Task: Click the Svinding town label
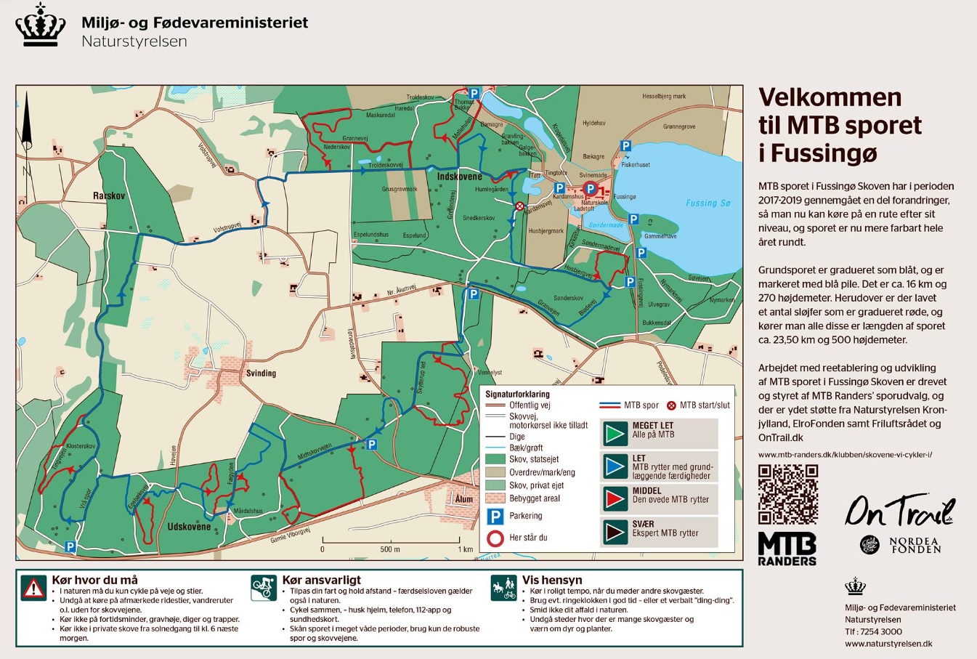[x=261, y=373]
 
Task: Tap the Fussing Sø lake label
[x=708, y=203]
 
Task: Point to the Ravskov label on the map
[x=109, y=196]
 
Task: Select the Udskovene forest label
[x=189, y=526]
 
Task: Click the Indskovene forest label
[x=459, y=177]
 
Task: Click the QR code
[x=787, y=495]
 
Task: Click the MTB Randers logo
[x=787, y=549]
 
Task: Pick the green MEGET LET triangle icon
[x=615, y=433]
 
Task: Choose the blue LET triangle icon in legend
[x=615, y=466]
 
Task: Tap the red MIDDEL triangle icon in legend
[x=615, y=499]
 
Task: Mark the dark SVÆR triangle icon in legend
[x=615, y=533]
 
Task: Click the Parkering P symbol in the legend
[x=495, y=517]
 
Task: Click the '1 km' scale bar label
[x=465, y=549]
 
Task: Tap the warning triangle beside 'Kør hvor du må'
[x=33, y=588]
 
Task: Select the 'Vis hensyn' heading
[x=552, y=580]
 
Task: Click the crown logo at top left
[x=41, y=26]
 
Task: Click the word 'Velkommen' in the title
[x=830, y=97]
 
